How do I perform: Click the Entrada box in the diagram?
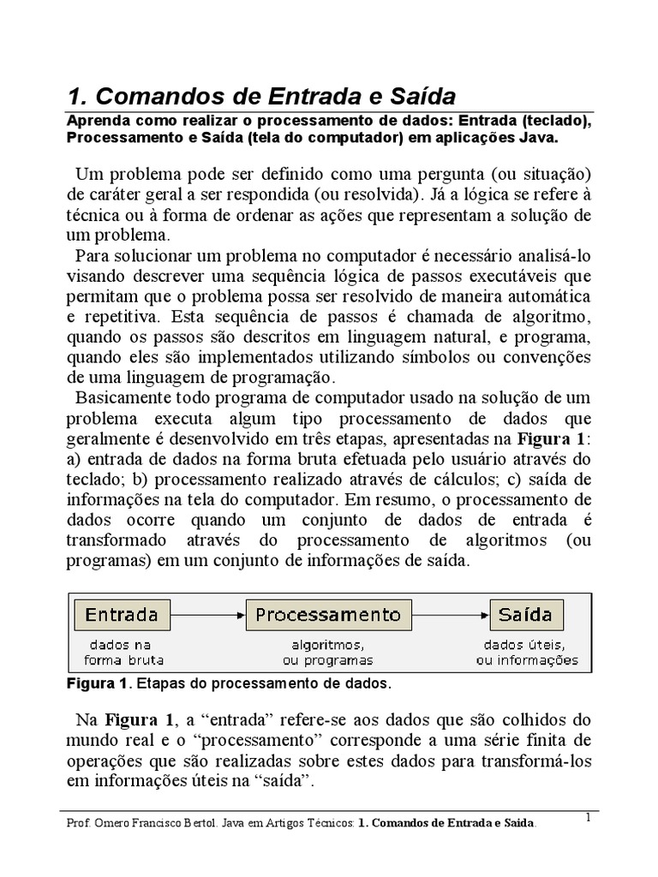click(x=123, y=615)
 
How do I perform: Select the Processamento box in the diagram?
click(x=328, y=615)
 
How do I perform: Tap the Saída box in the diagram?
click(x=527, y=615)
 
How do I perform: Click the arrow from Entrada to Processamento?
click(x=208, y=615)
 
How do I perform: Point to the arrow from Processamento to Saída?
click(x=451, y=615)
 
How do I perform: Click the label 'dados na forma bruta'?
click(x=123, y=652)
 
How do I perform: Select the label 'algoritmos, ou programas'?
click(x=328, y=652)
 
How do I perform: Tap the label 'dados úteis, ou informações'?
click(x=527, y=652)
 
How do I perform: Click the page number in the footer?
click(x=589, y=818)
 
